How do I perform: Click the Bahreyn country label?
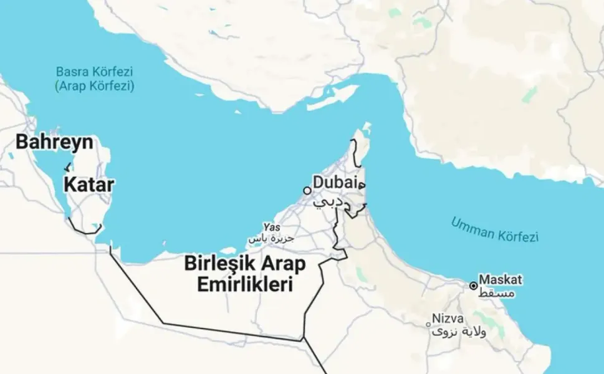(54, 142)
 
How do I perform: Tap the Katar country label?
(89, 185)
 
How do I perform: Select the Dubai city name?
(335, 183)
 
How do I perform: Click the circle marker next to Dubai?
(307, 190)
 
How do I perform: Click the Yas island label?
(269, 228)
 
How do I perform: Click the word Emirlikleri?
(245, 285)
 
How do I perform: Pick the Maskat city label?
(501, 279)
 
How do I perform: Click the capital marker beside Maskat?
(473, 285)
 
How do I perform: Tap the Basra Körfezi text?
(95, 72)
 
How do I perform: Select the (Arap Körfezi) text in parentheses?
(94, 85)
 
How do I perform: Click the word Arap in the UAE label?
(284, 264)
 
